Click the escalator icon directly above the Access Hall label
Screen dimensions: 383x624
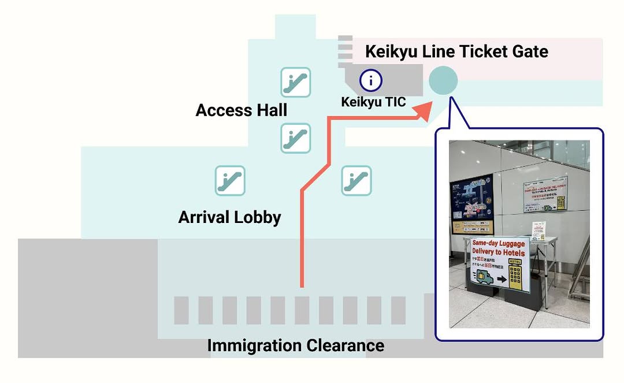tap(295, 82)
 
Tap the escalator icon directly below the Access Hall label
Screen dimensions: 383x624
tap(295, 138)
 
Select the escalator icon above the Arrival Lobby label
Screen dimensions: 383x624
tap(230, 181)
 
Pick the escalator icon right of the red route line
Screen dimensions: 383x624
tap(356, 181)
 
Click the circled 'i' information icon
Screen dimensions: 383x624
tap(371, 80)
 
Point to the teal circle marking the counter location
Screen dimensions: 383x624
tap(443, 80)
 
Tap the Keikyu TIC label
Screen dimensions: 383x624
tap(373, 102)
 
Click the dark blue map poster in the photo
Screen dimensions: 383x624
tap(471, 203)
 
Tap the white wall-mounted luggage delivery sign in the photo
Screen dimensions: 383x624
tap(544, 194)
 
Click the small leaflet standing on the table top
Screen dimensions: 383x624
tap(538, 231)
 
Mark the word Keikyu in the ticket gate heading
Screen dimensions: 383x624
tap(391, 51)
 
